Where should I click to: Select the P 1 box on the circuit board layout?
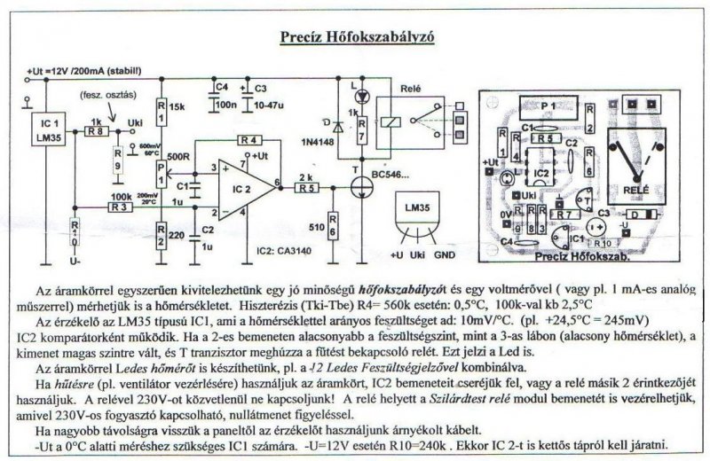point(547,104)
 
